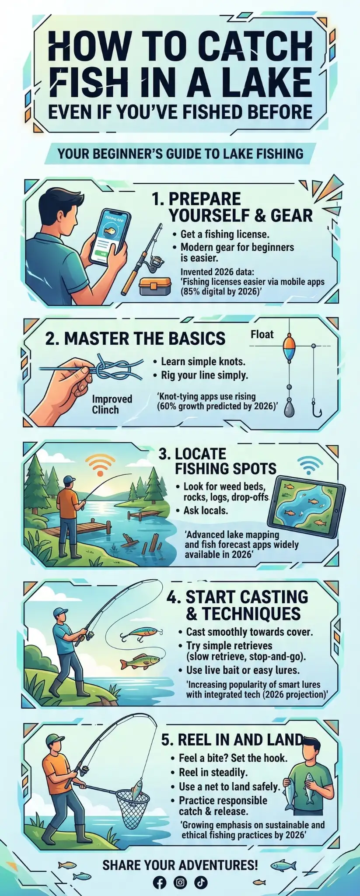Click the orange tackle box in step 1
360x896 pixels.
(x=154, y=287)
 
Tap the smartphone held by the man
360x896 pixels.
(x=110, y=237)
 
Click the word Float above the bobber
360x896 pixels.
(x=262, y=335)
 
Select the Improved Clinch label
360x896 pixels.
(x=112, y=404)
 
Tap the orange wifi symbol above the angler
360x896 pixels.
(x=100, y=464)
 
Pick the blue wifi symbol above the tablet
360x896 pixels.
(x=310, y=465)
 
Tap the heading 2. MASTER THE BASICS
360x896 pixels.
(x=135, y=339)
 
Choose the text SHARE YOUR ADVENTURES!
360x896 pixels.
(x=180, y=865)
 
